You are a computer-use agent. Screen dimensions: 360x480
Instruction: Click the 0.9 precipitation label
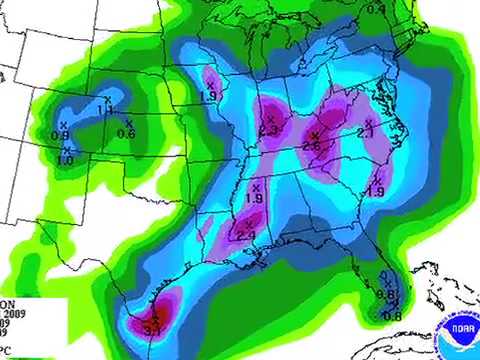point(60,136)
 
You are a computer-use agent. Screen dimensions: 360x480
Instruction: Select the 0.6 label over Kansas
point(126,134)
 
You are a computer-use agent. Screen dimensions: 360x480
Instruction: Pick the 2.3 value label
point(268,130)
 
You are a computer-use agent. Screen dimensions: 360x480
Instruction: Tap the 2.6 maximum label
point(311,147)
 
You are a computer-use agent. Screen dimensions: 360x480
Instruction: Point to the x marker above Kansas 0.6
point(128,123)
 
